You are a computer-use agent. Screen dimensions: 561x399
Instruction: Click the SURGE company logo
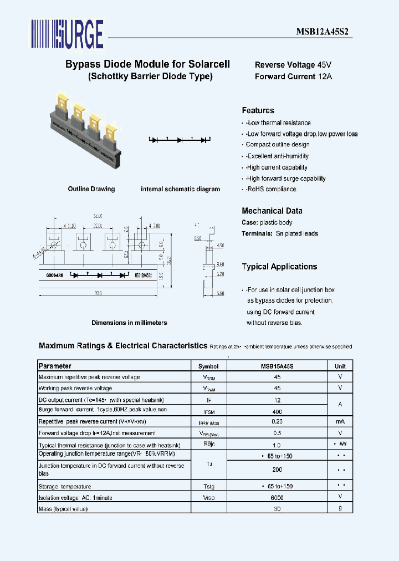coord(67,34)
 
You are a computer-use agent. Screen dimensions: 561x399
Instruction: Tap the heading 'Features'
coord(258,110)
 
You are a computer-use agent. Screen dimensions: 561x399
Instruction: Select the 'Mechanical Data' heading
coord(272,211)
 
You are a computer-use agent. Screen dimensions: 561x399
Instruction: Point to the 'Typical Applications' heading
coord(279,267)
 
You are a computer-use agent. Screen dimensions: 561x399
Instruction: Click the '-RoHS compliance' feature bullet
coord(271,189)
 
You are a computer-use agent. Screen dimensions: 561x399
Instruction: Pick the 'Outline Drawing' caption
coord(91,189)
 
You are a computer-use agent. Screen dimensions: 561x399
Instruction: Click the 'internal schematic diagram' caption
coord(180,189)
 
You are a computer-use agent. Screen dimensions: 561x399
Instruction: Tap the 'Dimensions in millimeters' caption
coord(129,323)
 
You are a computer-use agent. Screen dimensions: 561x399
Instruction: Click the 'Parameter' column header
coord(55,366)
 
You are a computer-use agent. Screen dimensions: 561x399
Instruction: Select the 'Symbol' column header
coord(208,366)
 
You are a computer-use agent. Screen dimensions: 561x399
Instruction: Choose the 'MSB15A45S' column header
coord(277,366)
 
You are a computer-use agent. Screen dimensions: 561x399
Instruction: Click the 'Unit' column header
coord(340,366)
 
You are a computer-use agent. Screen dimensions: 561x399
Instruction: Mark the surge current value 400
coord(277,412)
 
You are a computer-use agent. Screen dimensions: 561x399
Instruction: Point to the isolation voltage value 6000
coord(277,498)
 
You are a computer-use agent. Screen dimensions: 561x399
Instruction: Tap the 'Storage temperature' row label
coord(61,487)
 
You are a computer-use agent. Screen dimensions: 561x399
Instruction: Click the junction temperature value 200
coord(277,470)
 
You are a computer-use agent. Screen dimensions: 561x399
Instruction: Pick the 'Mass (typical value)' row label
coord(63,508)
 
